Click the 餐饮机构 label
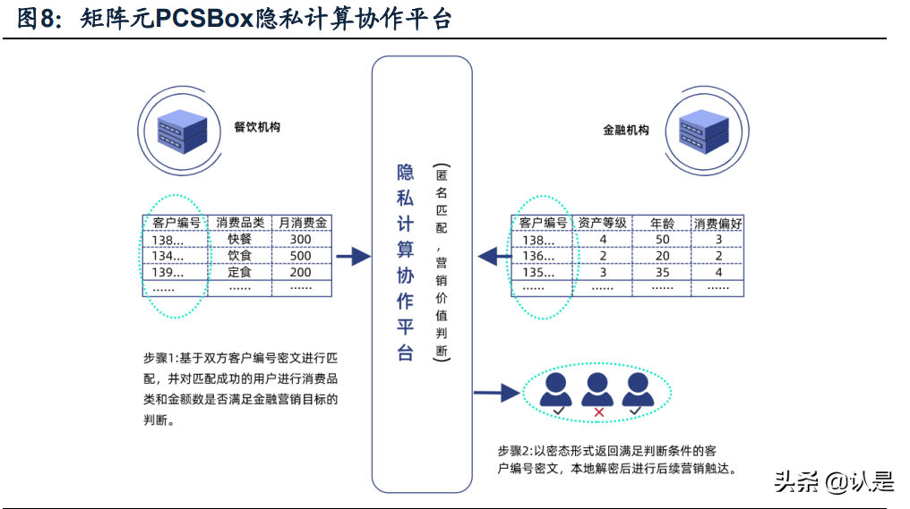(257, 127)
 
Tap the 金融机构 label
(625, 130)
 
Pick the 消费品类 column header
(240, 223)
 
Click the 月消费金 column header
(301, 223)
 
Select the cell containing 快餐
(240, 240)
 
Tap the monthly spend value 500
(301, 256)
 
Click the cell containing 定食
(240, 272)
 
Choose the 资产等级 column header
(603, 223)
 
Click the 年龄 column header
(662, 223)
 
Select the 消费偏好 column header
(718, 223)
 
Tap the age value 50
(662, 240)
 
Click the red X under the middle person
(597, 411)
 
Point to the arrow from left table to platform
(353, 257)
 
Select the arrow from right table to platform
(493, 257)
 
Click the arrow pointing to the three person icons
(497, 392)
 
